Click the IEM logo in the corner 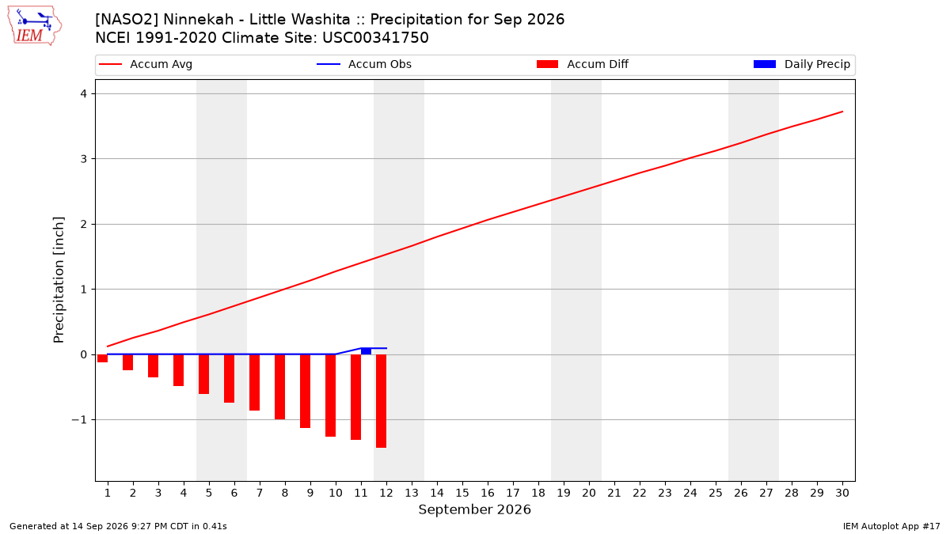coord(35,26)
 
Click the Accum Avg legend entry coord(146,64)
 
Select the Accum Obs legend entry coord(364,64)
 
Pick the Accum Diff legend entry coord(583,64)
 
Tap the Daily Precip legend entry coord(801,64)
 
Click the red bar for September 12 coord(382,401)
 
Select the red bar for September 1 coord(103,358)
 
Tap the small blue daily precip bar coord(366,351)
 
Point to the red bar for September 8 coord(280,387)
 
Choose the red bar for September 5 coord(204,374)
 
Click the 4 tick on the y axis coord(84,93)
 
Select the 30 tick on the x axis coord(842,493)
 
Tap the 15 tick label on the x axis coord(462,493)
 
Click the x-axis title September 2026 coord(474,509)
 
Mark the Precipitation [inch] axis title coord(59,280)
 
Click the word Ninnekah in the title coord(199,20)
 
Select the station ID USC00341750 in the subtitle coord(375,38)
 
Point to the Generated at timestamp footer coord(118,526)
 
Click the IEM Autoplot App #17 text coord(891,526)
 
